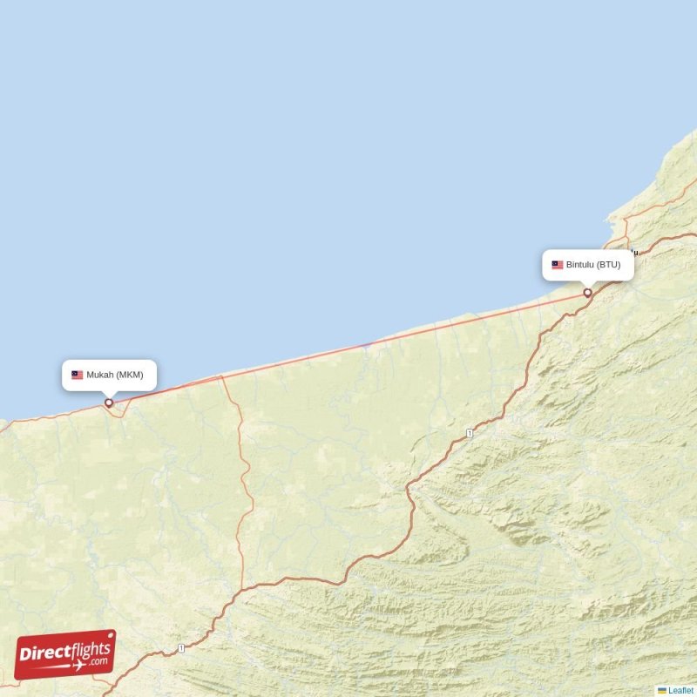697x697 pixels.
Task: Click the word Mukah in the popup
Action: (x=100, y=375)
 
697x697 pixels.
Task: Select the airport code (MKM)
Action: (x=130, y=375)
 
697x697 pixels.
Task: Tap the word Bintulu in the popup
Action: (x=580, y=265)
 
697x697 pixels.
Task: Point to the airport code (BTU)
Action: (x=609, y=265)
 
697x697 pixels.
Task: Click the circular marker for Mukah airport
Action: (x=109, y=403)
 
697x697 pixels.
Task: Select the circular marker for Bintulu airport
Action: (x=588, y=293)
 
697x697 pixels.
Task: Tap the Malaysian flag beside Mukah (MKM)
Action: (x=78, y=375)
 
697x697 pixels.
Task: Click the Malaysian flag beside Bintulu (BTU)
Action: (x=557, y=265)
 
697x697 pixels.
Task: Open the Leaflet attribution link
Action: (x=681, y=690)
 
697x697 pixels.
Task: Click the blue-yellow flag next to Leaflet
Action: (x=662, y=690)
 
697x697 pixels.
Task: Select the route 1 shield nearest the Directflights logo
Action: (x=181, y=647)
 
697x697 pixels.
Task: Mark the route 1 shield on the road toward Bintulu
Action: (x=469, y=433)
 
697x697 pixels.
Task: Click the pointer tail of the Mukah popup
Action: (x=109, y=394)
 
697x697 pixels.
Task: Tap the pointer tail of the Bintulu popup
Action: (x=588, y=284)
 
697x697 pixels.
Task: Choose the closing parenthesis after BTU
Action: (x=619, y=265)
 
